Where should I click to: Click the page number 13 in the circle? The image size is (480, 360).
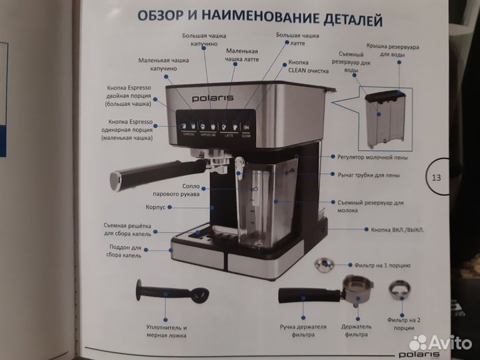point(437,178)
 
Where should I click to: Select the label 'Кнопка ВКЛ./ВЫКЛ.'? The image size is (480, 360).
point(397,230)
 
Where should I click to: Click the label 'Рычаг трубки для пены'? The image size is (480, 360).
point(369,175)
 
